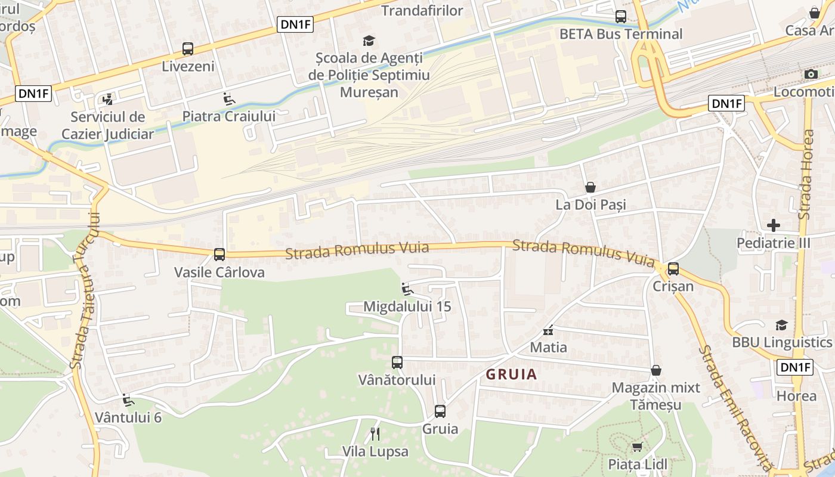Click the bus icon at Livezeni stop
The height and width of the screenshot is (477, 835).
[x=188, y=49]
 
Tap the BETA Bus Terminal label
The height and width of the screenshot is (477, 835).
[x=620, y=34]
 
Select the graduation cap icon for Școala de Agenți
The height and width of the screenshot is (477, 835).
[x=369, y=41]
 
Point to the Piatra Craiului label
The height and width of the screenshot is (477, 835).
[x=229, y=116]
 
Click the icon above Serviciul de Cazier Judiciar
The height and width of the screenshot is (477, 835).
[x=108, y=99]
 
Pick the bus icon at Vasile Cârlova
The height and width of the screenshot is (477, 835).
[x=219, y=255]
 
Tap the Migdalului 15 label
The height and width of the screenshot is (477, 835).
[x=407, y=306]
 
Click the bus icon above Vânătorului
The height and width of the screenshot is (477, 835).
[x=397, y=362]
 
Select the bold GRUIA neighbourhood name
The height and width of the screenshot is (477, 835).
[x=511, y=374]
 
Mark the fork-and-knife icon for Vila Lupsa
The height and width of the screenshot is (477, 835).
[x=375, y=433]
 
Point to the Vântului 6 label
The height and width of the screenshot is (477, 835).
[x=128, y=417]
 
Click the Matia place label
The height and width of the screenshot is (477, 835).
[x=549, y=347]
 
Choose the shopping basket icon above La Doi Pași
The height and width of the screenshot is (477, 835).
[x=590, y=187]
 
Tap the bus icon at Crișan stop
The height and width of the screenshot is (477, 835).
[x=673, y=268]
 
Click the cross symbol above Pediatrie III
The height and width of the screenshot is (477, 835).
[x=774, y=225]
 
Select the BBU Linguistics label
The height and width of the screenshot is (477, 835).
[x=781, y=342]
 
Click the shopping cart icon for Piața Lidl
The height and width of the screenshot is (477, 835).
[x=637, y=447]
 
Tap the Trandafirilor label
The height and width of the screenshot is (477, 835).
[x=422, y=11]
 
